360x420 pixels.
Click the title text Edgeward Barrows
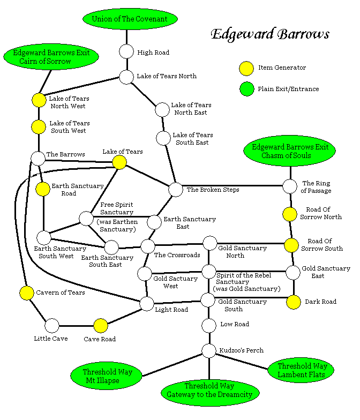269,35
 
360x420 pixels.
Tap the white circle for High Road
126,52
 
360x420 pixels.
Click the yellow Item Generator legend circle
246,68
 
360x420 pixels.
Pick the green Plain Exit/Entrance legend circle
246,89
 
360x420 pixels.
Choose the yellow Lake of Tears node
119,162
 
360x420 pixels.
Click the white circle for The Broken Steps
176,189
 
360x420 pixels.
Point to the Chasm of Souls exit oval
289,152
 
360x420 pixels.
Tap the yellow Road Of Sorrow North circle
290,214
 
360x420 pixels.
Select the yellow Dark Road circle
293,302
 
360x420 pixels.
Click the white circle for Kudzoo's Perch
208,350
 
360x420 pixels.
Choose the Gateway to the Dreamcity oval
210,390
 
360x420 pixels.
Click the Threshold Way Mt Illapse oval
107,376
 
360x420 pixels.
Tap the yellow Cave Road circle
100,325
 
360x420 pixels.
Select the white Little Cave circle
52,325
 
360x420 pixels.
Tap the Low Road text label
235,324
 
